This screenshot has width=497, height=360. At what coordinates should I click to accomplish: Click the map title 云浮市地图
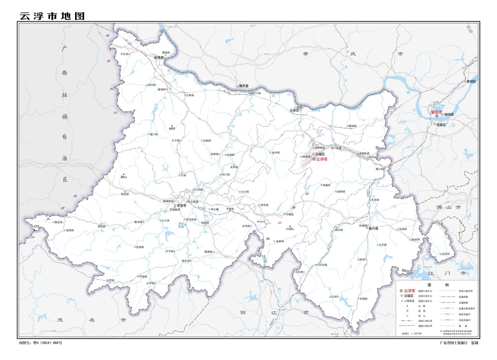tap(52, 16)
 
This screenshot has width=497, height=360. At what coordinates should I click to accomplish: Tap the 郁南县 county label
tap(159, 58)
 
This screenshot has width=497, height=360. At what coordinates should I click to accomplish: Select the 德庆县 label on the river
tap(243, 86)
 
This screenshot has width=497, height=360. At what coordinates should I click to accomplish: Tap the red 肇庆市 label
tap(436, 112)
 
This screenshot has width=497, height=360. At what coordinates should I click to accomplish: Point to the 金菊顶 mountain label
tap(172, 129)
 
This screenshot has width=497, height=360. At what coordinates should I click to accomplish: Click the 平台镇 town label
tap(124, 54)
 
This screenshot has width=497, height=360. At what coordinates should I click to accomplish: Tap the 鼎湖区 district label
tap(471, 82)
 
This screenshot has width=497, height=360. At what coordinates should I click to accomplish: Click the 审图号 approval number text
tap(40, 343)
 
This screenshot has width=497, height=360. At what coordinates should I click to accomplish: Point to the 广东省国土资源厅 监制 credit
tap(459, 343)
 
